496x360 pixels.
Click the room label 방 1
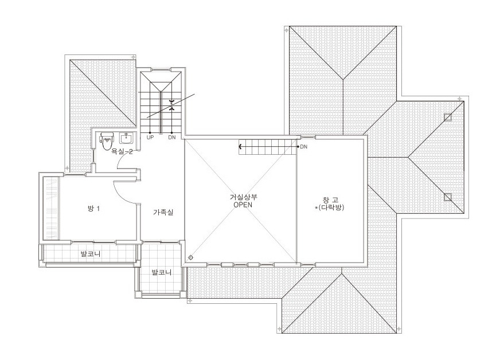[93, 209]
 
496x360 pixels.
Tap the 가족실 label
[163, 212]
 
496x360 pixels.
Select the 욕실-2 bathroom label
[122, 151]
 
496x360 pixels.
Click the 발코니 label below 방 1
[91, 254]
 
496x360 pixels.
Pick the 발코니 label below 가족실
[162, 272]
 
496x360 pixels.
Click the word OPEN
[243, 205]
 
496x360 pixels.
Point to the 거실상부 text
[243, 197]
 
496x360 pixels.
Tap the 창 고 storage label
[330, 200]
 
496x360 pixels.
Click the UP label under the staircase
[150, 138]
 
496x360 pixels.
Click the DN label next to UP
[172, 138]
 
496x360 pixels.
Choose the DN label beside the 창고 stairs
[304, 147]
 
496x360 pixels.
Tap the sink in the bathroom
[127, 138]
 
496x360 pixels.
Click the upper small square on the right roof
[448, 117]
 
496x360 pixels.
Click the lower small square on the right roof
[448, 197]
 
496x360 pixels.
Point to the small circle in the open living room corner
[190, 257]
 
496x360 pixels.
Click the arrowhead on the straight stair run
[240, 147]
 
